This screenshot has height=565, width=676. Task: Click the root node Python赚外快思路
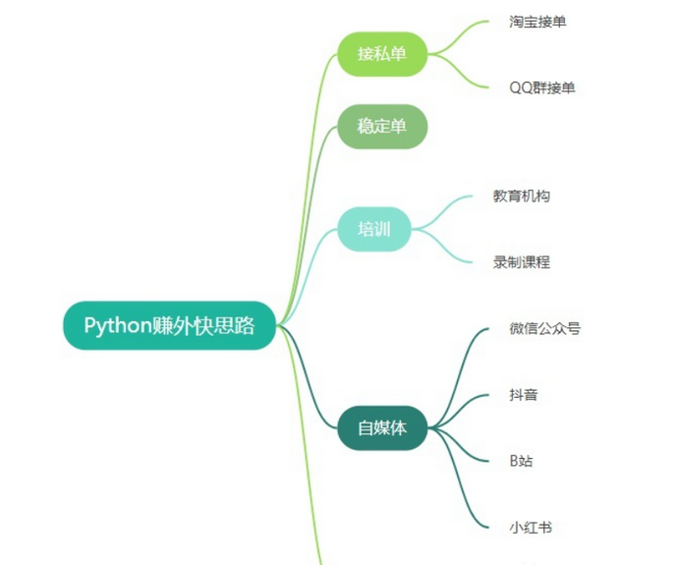tap(168, 325)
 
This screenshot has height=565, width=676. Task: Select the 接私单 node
tap(382, 54)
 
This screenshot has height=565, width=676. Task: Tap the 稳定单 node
tap(382, 127)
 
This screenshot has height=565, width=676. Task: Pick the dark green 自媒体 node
tap(382, 428)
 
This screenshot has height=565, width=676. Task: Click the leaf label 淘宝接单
tap(537, 22)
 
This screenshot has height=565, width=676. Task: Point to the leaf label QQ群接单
tap(541, 87)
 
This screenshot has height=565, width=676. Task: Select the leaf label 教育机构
tap(522, 197)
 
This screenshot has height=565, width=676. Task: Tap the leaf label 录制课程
tap(522, 262)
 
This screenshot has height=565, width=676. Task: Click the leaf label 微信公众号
tap(544, 328)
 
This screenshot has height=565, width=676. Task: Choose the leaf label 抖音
tap(524, 395)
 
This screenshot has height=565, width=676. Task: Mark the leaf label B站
tap(521, 461)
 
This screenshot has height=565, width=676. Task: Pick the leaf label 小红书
tap(531, 528)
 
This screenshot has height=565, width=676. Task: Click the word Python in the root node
tap(117, 325)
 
